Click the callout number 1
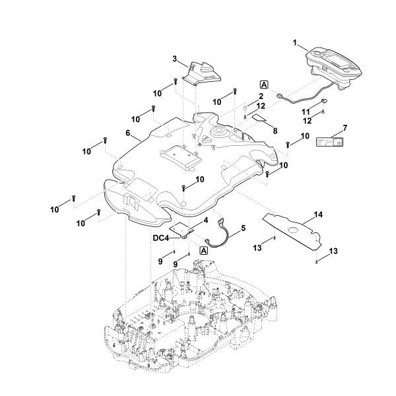tap(295, 43)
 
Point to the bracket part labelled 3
tap(202, 73)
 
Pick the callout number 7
tap(345, 127)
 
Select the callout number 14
tap(318, 215)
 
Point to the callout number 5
tap(243, 228)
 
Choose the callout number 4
tap(206, 220)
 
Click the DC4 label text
tap(162, 238)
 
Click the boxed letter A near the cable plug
tap(264, 85)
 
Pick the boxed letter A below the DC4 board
tap(203, 251)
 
